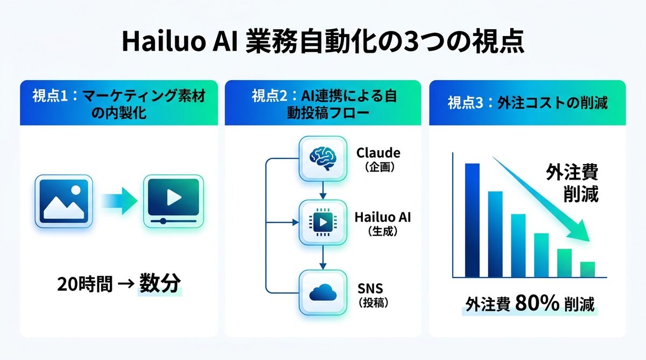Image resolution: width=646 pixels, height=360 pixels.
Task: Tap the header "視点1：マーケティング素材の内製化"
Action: pos(119,103)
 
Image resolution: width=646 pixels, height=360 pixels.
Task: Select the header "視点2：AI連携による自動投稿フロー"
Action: pos(323,103)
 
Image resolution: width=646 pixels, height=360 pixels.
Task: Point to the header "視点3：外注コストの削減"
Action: pos(527,103)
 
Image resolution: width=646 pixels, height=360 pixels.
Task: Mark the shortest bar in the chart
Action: pos(587,269)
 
